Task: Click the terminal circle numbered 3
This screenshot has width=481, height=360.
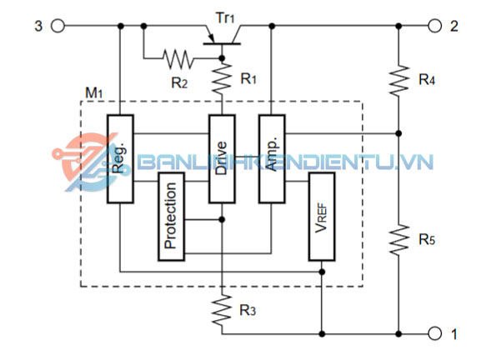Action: [x=58, y=26]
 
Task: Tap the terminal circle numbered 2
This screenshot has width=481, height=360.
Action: [x=434, y=26]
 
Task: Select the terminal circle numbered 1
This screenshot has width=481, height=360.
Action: [x=434, y=333]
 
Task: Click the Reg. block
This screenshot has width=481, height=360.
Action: [x=120, y=159]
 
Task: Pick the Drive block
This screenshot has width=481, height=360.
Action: [x=222, y=159]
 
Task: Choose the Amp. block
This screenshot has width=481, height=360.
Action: [x=272, y=159]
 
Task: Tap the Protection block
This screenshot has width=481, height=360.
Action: [x=171, y=217]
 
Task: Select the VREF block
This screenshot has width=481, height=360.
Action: [x=322, y=217]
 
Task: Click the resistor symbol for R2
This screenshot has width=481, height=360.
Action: [x=178, y=58]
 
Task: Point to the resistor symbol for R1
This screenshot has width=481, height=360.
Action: [x=222, y=78]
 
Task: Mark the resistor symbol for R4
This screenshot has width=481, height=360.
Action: [x=398, y=80]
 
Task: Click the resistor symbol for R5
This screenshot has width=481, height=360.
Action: [x=398, y=239]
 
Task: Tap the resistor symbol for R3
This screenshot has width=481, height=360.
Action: [x=222, y=310]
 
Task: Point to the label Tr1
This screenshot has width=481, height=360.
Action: [x=225, y=17]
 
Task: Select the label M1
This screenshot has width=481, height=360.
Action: [x=94, y=92]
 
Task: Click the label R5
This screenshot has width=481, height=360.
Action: [x=427, y=239]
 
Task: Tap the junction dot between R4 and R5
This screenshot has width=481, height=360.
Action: [x=398, y=133]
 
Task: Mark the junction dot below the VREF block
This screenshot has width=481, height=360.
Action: [x=322, y=272]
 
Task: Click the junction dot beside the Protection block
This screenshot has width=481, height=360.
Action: [x=222, y=219]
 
